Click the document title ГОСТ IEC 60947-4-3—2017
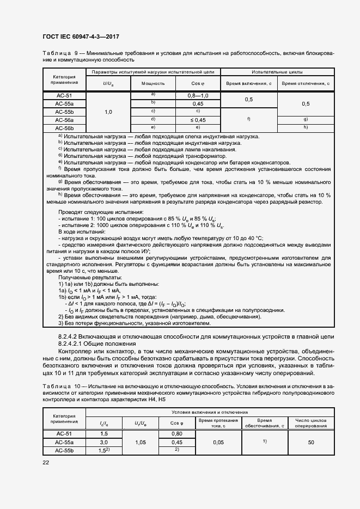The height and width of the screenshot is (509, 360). (x=81, y=37)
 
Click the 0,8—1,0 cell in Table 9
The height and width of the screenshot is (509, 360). (x=198, y=95)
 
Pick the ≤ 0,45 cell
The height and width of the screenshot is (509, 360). (x=198, y=119)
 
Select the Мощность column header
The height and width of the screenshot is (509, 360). (x=153, y=83)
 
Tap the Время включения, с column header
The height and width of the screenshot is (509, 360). (x=248, y=83)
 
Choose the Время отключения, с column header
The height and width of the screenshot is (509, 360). (x=306, y=83)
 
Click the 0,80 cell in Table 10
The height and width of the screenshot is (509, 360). (x=176, y=433)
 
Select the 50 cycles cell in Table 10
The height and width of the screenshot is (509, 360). (x=311, y=443)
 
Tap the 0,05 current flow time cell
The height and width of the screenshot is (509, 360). (x=218, y=443)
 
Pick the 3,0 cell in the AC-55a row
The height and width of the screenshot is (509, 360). (x=103, y=443)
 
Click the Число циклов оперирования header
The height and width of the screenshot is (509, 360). (x=311, y=423)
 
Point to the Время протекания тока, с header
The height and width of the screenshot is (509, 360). (x=218, y=423)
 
